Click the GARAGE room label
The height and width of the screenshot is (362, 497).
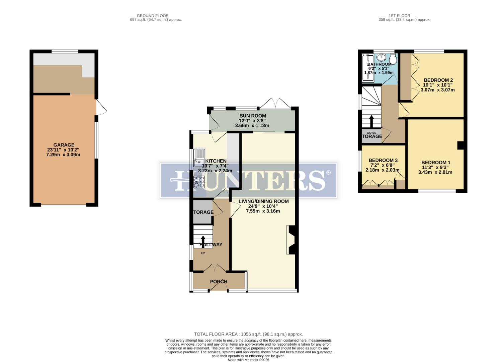click(x=64, y=145)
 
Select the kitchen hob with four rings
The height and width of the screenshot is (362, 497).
click(x=199, y=182)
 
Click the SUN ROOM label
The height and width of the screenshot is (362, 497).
click(x=253, y=116)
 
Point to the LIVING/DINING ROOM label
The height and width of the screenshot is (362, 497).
click(x=263, y=201)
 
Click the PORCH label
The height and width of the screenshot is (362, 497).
click(x=219, y=282)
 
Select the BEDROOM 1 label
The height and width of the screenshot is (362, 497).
click(x=436, y=163)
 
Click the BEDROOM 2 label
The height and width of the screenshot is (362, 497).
click(x=438, y=80)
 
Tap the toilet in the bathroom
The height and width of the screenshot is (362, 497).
click(x=393, y=59)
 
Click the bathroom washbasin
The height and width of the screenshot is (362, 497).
click(x=381, y=57)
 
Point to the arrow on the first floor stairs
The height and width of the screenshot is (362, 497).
click(x=371, y=121)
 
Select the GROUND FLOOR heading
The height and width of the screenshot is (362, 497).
click(x=153, y=16)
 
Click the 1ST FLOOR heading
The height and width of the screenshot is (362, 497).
click(x=399, y=16)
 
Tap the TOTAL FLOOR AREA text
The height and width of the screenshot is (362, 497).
click(x=248, y=334)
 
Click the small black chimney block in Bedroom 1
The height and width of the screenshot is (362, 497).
click(x=461, y=145)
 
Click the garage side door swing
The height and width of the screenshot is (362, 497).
click(x=101, y=108)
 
